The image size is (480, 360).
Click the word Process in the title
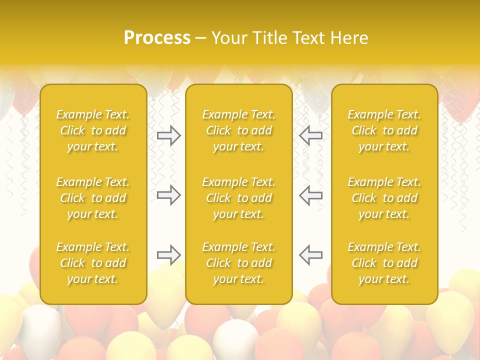157,38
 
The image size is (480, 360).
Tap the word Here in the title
350,38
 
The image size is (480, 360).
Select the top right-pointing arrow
169,135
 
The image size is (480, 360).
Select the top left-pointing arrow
310,135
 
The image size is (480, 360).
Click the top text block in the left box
93,130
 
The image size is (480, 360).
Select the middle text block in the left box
93,198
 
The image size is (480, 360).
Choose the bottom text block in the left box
93,263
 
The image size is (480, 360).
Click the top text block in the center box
239,130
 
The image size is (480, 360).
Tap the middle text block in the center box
239,198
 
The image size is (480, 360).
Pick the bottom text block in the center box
239,263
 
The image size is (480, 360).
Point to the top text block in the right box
384,130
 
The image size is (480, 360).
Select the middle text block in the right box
384,198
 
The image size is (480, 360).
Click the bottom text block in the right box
384,263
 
